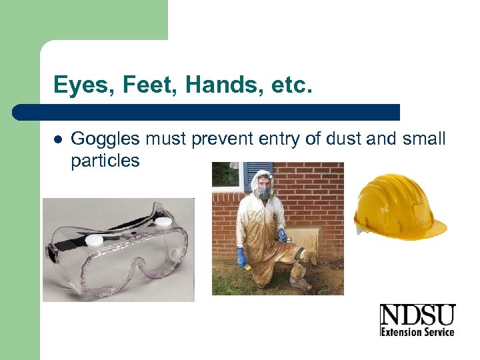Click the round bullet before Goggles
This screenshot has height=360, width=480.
tap(58, 140)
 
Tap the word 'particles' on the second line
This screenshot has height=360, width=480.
tap(105, 160)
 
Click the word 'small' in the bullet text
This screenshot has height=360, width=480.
tap(424, 139)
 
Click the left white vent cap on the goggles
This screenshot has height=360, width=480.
tap(95, 239)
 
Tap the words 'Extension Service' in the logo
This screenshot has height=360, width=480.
tap(417, 331)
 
